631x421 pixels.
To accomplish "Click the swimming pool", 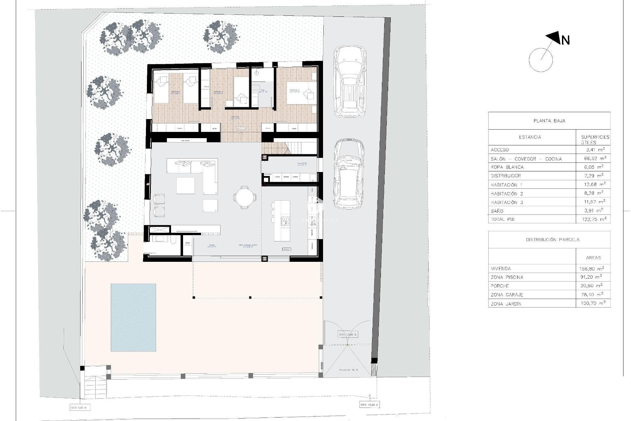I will tap(133, 317).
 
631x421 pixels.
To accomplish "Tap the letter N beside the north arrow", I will tap(565, 40).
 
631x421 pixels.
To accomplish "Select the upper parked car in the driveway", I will tap(350, 82).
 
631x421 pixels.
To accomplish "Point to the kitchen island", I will tap(282, 220).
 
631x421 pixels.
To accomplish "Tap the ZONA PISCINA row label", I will tap(507, 277).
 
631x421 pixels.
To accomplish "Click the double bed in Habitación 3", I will tap(301, 93).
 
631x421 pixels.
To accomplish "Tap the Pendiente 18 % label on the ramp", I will tap(349, 370).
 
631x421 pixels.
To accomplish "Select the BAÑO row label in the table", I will tap(497, 211).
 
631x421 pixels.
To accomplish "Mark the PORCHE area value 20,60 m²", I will tap(591, 286).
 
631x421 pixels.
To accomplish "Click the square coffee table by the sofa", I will tap(185, 186).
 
